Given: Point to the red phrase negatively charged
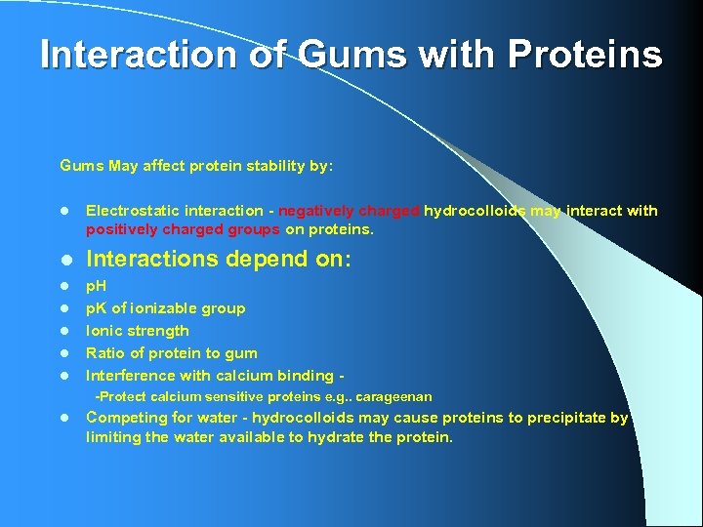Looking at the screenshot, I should [349, 211].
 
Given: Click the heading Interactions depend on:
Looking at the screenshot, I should [219, 260].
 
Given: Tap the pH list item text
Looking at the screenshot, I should [97, 286].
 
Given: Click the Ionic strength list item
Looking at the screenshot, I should [138, 331].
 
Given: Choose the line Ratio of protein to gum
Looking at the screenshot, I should [172, 353].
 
